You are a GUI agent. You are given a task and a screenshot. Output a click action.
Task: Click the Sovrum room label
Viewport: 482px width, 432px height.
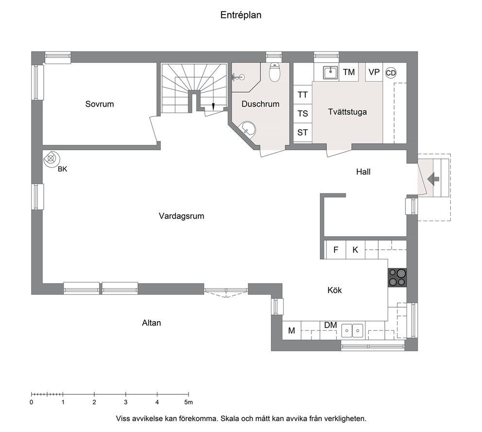pyautogui.click(x=100, y=104)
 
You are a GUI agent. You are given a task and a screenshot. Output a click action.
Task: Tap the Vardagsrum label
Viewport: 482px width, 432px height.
pyautogui.click(x=181, y=216)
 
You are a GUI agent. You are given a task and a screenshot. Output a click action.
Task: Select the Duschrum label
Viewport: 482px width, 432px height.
pyautogui.click(x=260, y=104)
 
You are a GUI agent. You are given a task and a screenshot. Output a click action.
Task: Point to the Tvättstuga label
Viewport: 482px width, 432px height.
pyautogui.click(x=347, y=112)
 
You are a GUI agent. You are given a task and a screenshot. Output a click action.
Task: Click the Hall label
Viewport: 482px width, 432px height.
pyautogui.click(x=363, y=172)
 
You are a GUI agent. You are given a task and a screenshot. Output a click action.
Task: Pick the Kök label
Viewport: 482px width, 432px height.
pyautogui.click(x=335, y=290)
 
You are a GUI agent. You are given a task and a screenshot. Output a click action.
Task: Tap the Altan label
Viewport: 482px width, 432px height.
pyautogui.click(x=152, y=323)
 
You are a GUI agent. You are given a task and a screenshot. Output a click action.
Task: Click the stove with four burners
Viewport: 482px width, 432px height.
pyautogui.click(x=397, y=277)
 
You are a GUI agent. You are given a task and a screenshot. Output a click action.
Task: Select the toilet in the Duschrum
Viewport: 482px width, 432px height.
pyautogui.click(x=274, y=72)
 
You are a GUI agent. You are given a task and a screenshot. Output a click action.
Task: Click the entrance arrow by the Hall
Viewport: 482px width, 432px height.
pyautogui.click(x=433, y=179)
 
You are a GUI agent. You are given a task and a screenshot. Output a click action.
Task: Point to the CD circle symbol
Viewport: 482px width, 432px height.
pyautogui.click(x=391, y=73)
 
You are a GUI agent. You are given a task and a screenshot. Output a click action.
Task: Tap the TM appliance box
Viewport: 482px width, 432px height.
pyautogui.click(x=349, y=72)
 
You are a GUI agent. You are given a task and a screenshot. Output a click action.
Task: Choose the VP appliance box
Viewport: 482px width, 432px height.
pyautogui.click(x=374, y=72)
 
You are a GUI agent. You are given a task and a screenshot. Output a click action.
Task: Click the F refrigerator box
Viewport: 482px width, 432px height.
pyautogui.click(x=336, y=250)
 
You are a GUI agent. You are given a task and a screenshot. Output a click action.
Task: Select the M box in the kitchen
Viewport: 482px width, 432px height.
pyautogui.click(x=292, y=330)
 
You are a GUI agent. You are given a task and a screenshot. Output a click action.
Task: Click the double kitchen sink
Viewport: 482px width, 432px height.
pyautogui.click(x=352, y=330)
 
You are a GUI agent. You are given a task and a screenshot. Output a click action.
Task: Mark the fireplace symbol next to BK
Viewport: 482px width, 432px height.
pyautogui.click(x=51, y=159)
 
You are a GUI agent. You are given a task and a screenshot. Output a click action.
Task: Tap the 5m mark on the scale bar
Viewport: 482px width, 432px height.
pyautogui.click(x=189, y=395)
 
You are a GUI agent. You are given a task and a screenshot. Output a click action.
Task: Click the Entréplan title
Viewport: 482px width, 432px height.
pyautogui.click(x=241, y=15)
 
